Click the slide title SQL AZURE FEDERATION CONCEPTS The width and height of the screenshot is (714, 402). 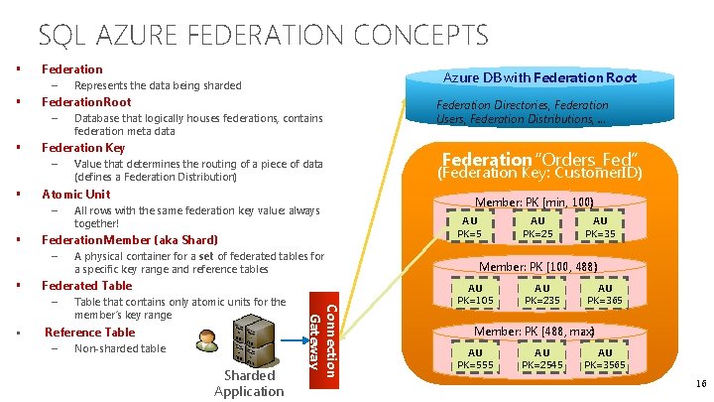[x=263, y=37]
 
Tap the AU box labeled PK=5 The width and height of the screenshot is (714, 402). [x=469, y=228]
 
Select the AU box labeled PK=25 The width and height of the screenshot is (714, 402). [x=536, y=228]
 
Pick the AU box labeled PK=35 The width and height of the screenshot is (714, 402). [x=600, y=228]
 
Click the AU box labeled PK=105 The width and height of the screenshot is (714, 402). [x=475, y=295]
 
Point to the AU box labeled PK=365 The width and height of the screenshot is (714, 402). [x=605, y=295]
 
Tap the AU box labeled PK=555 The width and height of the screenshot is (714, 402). [x=475, y=359]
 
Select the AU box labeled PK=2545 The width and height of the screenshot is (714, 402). [x=541, y=359]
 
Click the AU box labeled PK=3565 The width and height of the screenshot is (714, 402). [x=605, y=359]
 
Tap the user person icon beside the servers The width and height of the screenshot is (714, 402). [x=206, y=338]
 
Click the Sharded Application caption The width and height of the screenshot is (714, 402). [x=249, y=383]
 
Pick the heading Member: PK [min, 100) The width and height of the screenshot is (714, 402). [x=534, y=202]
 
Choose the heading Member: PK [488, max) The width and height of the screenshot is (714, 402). [x=534, y=332]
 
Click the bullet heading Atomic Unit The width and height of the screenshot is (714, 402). [x=75, y=194]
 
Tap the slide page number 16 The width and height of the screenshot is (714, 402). [x=700, y=382]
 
